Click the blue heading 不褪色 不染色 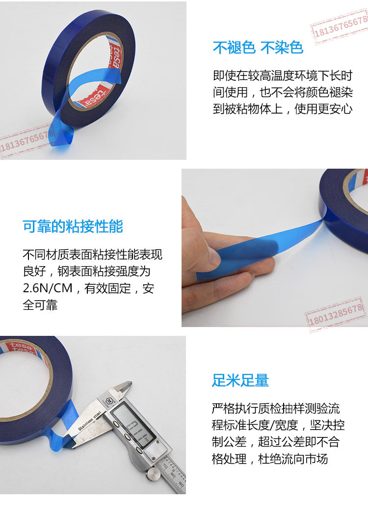click(258, 48)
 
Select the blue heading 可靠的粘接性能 click(73, 226)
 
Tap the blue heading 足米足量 click(240, 380)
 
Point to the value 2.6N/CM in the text click(48, 288)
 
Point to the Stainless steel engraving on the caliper click(89, 421)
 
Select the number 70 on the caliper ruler click(165, 466)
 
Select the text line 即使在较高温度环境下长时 click(283, 76)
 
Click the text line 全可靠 click(40, 304)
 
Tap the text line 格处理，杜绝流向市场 click(269, 458)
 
